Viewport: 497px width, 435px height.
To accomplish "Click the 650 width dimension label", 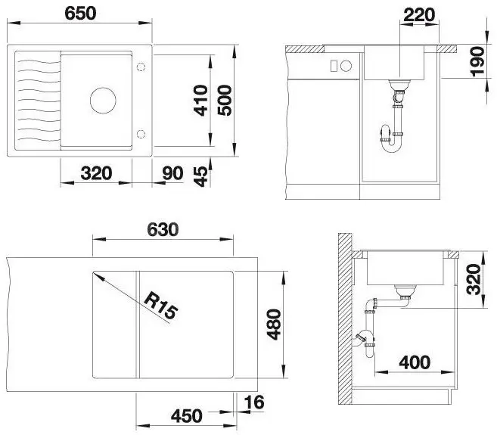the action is point(80,14).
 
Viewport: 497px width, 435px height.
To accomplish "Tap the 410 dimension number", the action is point(201,100).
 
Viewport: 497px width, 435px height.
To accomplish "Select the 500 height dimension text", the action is point(225,100).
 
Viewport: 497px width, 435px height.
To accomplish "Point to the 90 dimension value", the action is point(172,173).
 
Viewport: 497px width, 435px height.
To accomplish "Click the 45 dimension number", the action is point(201,177).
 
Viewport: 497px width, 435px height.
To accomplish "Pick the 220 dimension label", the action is point(419,14).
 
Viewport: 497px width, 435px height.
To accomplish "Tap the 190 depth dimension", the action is point(477,61).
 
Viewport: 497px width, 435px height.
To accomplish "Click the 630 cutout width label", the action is point(163,229).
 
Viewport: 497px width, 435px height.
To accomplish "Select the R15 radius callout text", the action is point(160,306).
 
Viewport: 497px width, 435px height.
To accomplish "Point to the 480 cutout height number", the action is point(274,324).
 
